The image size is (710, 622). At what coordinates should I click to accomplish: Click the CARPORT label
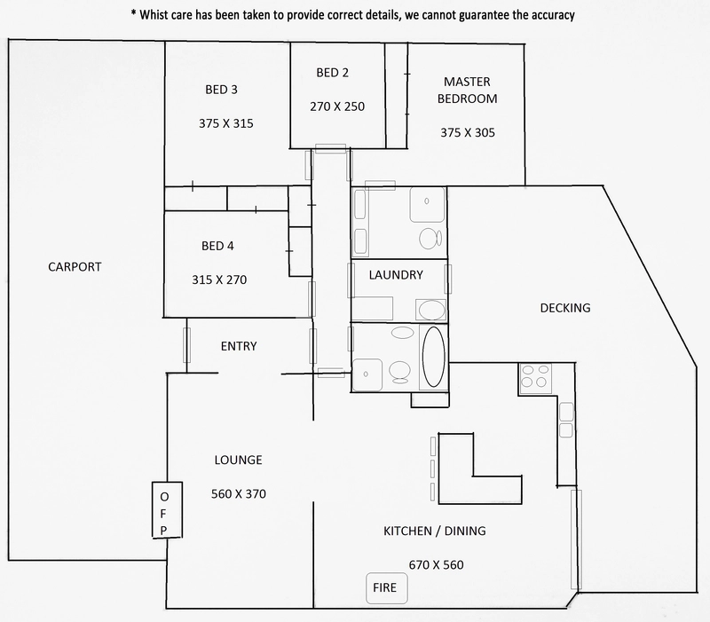[75, 267]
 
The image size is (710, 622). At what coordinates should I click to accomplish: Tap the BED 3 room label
[221, 90]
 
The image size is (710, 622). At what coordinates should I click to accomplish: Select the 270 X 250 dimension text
[337, 106]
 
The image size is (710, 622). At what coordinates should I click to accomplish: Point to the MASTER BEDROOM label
[468, 91]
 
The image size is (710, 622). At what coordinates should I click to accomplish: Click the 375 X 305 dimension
[468, 132]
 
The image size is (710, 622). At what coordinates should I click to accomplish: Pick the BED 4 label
[217, 246]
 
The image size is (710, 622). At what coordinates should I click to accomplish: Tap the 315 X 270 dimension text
[219, 280]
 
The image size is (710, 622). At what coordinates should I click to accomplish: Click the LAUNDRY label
[396, 275]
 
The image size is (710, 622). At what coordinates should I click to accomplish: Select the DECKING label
[565, 308]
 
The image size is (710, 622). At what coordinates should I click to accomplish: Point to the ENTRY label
[239, 346]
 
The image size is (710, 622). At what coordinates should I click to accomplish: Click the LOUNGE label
[238, 460]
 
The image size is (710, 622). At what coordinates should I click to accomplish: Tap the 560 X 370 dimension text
[239, 494]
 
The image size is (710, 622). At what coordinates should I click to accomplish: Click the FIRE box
[387, 588]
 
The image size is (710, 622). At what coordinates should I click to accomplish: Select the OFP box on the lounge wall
[167, 509]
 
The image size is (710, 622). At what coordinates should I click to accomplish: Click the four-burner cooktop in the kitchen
[536, 379]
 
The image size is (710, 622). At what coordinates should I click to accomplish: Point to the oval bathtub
[433, 357]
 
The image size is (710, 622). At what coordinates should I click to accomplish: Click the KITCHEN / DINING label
[435, 531]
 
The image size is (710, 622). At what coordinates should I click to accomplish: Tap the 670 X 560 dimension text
[436, 565]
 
